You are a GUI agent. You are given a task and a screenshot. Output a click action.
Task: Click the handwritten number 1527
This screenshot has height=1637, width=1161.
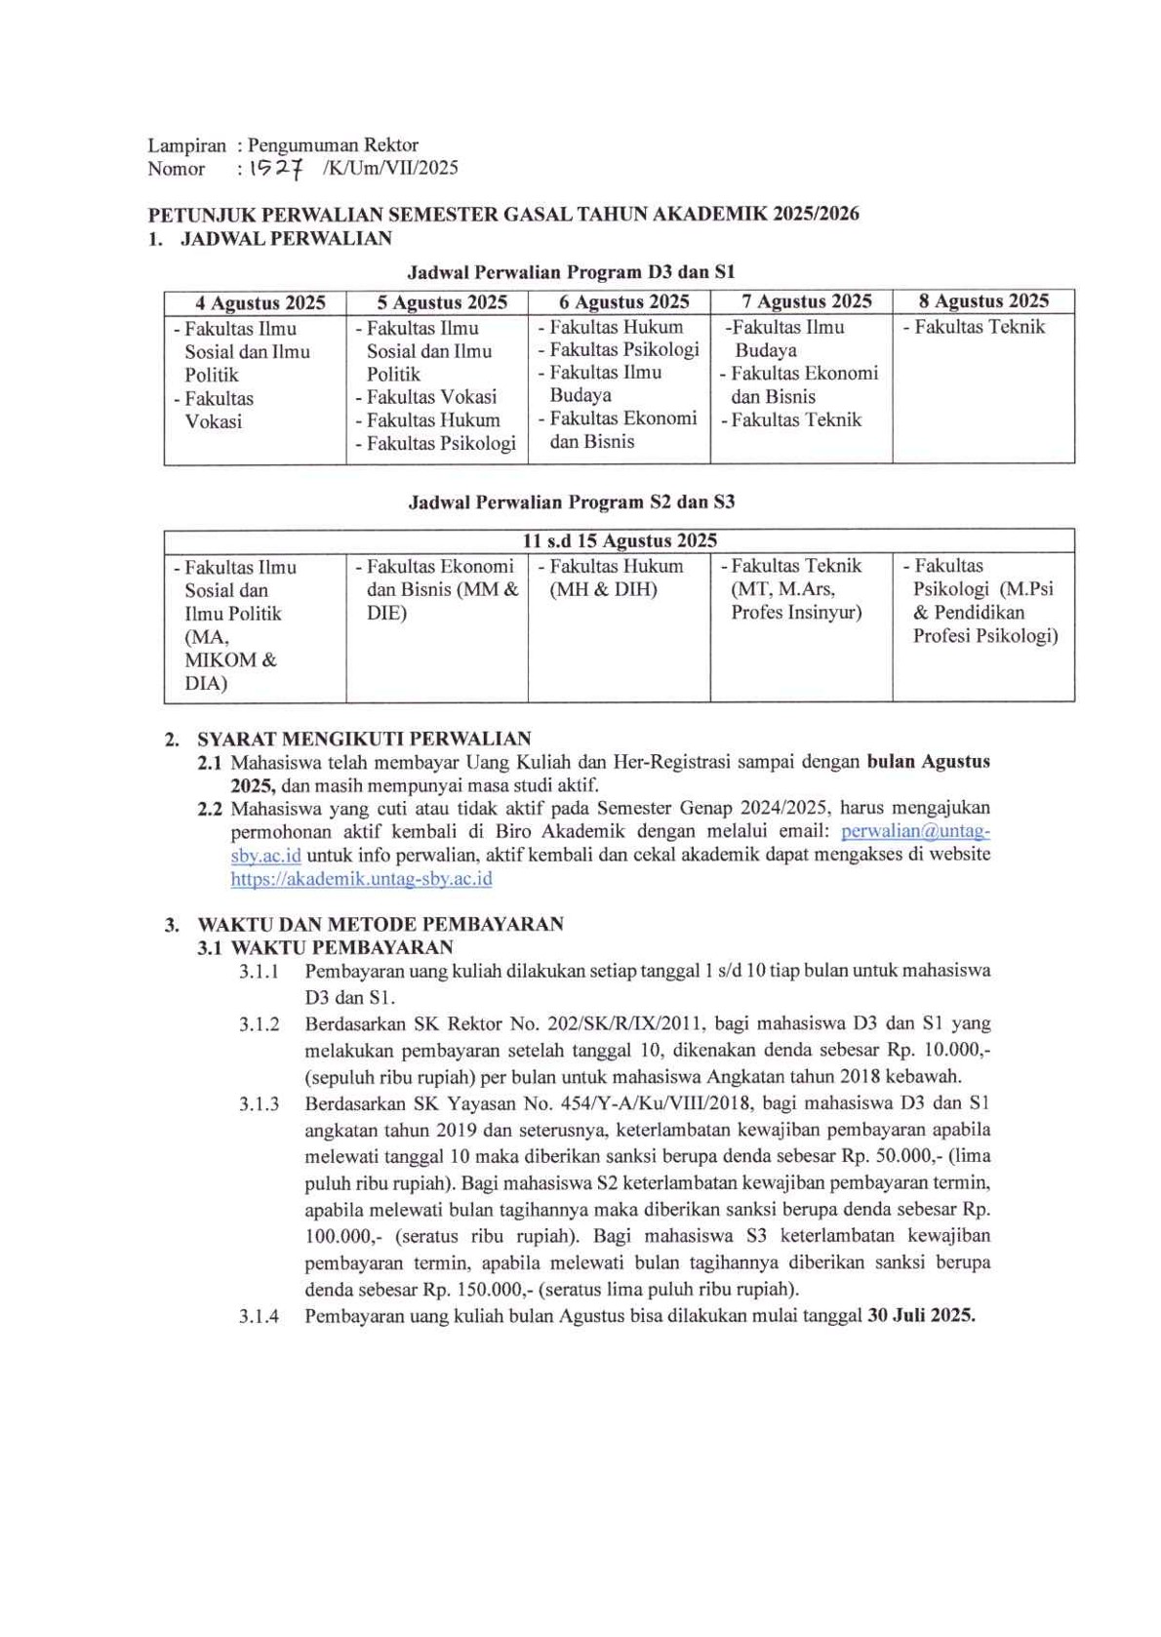pos(275,168)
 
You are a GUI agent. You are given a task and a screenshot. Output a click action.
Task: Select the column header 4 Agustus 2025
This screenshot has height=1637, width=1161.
pos(260,302)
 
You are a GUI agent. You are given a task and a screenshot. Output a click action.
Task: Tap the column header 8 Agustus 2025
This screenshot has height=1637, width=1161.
pos(982,301)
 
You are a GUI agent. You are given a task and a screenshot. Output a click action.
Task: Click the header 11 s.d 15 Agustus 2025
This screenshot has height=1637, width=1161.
pos(620,540)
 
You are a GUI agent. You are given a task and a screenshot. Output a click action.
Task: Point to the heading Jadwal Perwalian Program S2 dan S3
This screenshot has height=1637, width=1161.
pos(571,502)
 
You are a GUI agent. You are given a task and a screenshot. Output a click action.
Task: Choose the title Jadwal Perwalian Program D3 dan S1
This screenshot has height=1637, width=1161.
pos(571,272)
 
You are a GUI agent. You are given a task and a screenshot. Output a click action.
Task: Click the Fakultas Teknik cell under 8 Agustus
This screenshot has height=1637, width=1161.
pos(979,328)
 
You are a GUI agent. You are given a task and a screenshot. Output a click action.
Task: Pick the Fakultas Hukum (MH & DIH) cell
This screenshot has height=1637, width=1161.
pos(617,578)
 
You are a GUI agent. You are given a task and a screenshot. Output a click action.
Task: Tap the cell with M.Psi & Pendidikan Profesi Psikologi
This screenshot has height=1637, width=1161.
pos(983,601)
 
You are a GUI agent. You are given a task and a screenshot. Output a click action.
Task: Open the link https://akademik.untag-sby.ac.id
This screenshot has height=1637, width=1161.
pos(361,879)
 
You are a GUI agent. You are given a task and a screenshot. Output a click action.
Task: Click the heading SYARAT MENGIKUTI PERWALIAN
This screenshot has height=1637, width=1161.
pos(364,739)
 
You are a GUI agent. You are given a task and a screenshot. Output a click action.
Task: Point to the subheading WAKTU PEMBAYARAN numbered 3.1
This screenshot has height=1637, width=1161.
pos(341,947)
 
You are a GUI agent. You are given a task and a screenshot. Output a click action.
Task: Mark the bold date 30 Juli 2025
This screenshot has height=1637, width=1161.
pos(920,1315)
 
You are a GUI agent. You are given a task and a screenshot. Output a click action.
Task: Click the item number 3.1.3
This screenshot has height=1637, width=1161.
pos(259,1104)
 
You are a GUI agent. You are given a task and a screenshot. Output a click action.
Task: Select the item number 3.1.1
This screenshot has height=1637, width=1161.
pos(259,972)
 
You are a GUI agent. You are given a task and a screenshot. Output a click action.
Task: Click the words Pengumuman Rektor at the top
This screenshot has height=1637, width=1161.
pos(333,145)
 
